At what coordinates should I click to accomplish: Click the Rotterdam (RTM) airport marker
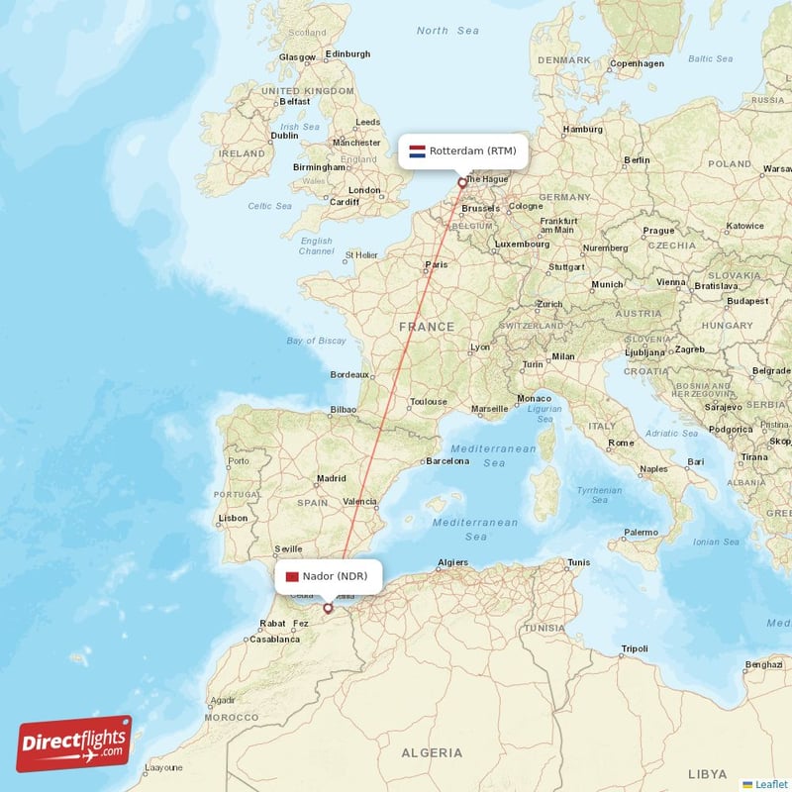[x=461, y=183]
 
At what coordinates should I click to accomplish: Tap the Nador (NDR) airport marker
[x=328, y=608]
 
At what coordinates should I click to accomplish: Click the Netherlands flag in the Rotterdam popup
[x=418, y=151]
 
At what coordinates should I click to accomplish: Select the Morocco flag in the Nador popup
[x=291, y=576]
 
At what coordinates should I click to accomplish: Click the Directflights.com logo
[x=74, y=743]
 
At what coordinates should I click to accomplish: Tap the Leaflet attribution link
[x=770, y=783]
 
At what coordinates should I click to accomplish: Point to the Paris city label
[x=436, y=264]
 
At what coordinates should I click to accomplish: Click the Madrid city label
[x=331, y=478]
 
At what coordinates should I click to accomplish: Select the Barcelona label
[x=446, y=461]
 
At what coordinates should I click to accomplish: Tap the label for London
[x=364, y=190]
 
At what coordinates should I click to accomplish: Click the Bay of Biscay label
[x=316, y=341]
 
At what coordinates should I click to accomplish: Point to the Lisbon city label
[x=234, y=518]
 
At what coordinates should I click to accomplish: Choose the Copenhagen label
[x=637, y=63]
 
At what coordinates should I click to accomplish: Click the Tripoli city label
[x=634, y=649]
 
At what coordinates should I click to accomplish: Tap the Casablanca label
[x=275, y=639]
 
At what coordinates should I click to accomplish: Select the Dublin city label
[x=284, y=137]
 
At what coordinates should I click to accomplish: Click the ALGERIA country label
[x=431, y=753]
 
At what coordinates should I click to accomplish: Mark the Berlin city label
[x=637, y=159]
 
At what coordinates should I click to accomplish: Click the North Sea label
[x=447, y=31]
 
